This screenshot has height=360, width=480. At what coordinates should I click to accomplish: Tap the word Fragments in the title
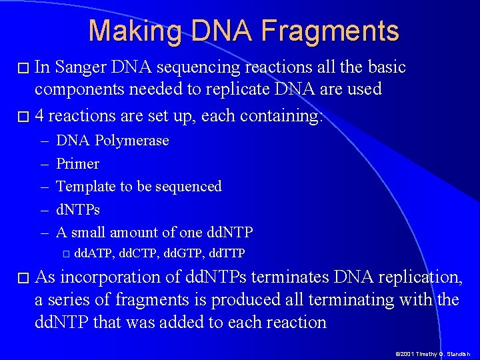[x=330, y=31]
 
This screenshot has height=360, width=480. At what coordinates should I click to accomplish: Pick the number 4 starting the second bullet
[x=39, y=116]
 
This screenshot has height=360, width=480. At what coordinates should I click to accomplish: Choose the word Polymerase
[x=132, y=141]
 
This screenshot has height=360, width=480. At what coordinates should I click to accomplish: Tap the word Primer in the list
[x=77, y=164]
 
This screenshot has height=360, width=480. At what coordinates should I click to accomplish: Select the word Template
[x=85, y=187]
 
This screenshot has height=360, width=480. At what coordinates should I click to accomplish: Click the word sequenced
[x=188, y=187]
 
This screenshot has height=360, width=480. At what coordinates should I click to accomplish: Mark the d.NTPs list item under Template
[x=78, y=210]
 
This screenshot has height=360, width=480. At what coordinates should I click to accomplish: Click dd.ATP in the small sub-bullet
[x=93, y=253]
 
